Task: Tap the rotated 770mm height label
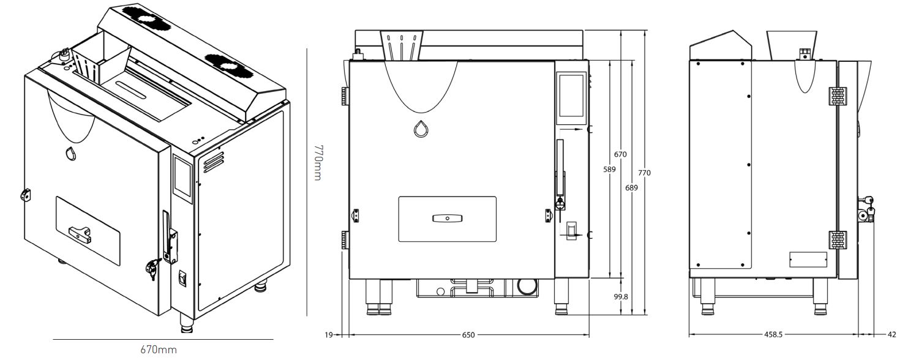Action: (x=318, y=162)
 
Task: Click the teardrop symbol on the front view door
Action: (x=420, y=130)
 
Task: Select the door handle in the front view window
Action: (x=448, y=218)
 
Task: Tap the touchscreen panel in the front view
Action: (x=570, y=94)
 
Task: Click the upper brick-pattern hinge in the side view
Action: (x=838, y=96)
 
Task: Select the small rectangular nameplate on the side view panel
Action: (x=808, y=259)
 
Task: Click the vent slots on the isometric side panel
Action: (x=210, y=162)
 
